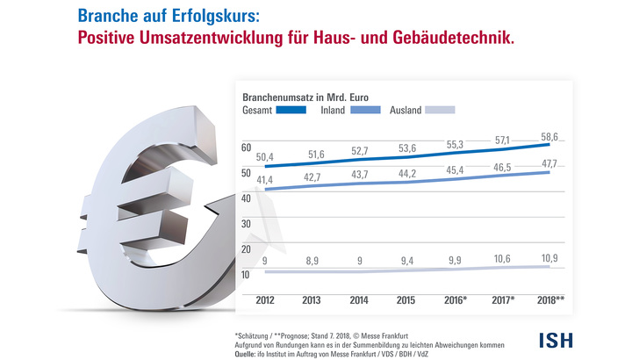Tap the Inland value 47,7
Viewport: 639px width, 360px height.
(549, 163)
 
